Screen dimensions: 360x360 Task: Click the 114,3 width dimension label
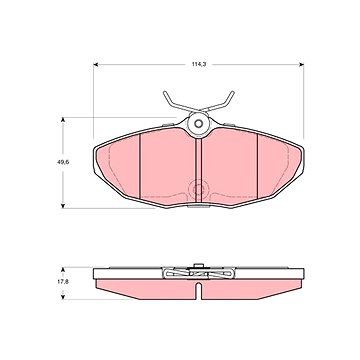click(199, 64)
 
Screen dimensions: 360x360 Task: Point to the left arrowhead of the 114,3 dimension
click(95, 64)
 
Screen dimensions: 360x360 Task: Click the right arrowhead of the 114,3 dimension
click(302, 64)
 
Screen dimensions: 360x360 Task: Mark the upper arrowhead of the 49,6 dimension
click(63, 119)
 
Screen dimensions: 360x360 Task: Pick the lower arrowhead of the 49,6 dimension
click(63, 206)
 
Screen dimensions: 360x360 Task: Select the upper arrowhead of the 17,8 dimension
click(63, 269)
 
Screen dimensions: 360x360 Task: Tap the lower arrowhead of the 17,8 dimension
click(63, 297)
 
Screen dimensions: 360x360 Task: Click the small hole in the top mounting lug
click(198, 124)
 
